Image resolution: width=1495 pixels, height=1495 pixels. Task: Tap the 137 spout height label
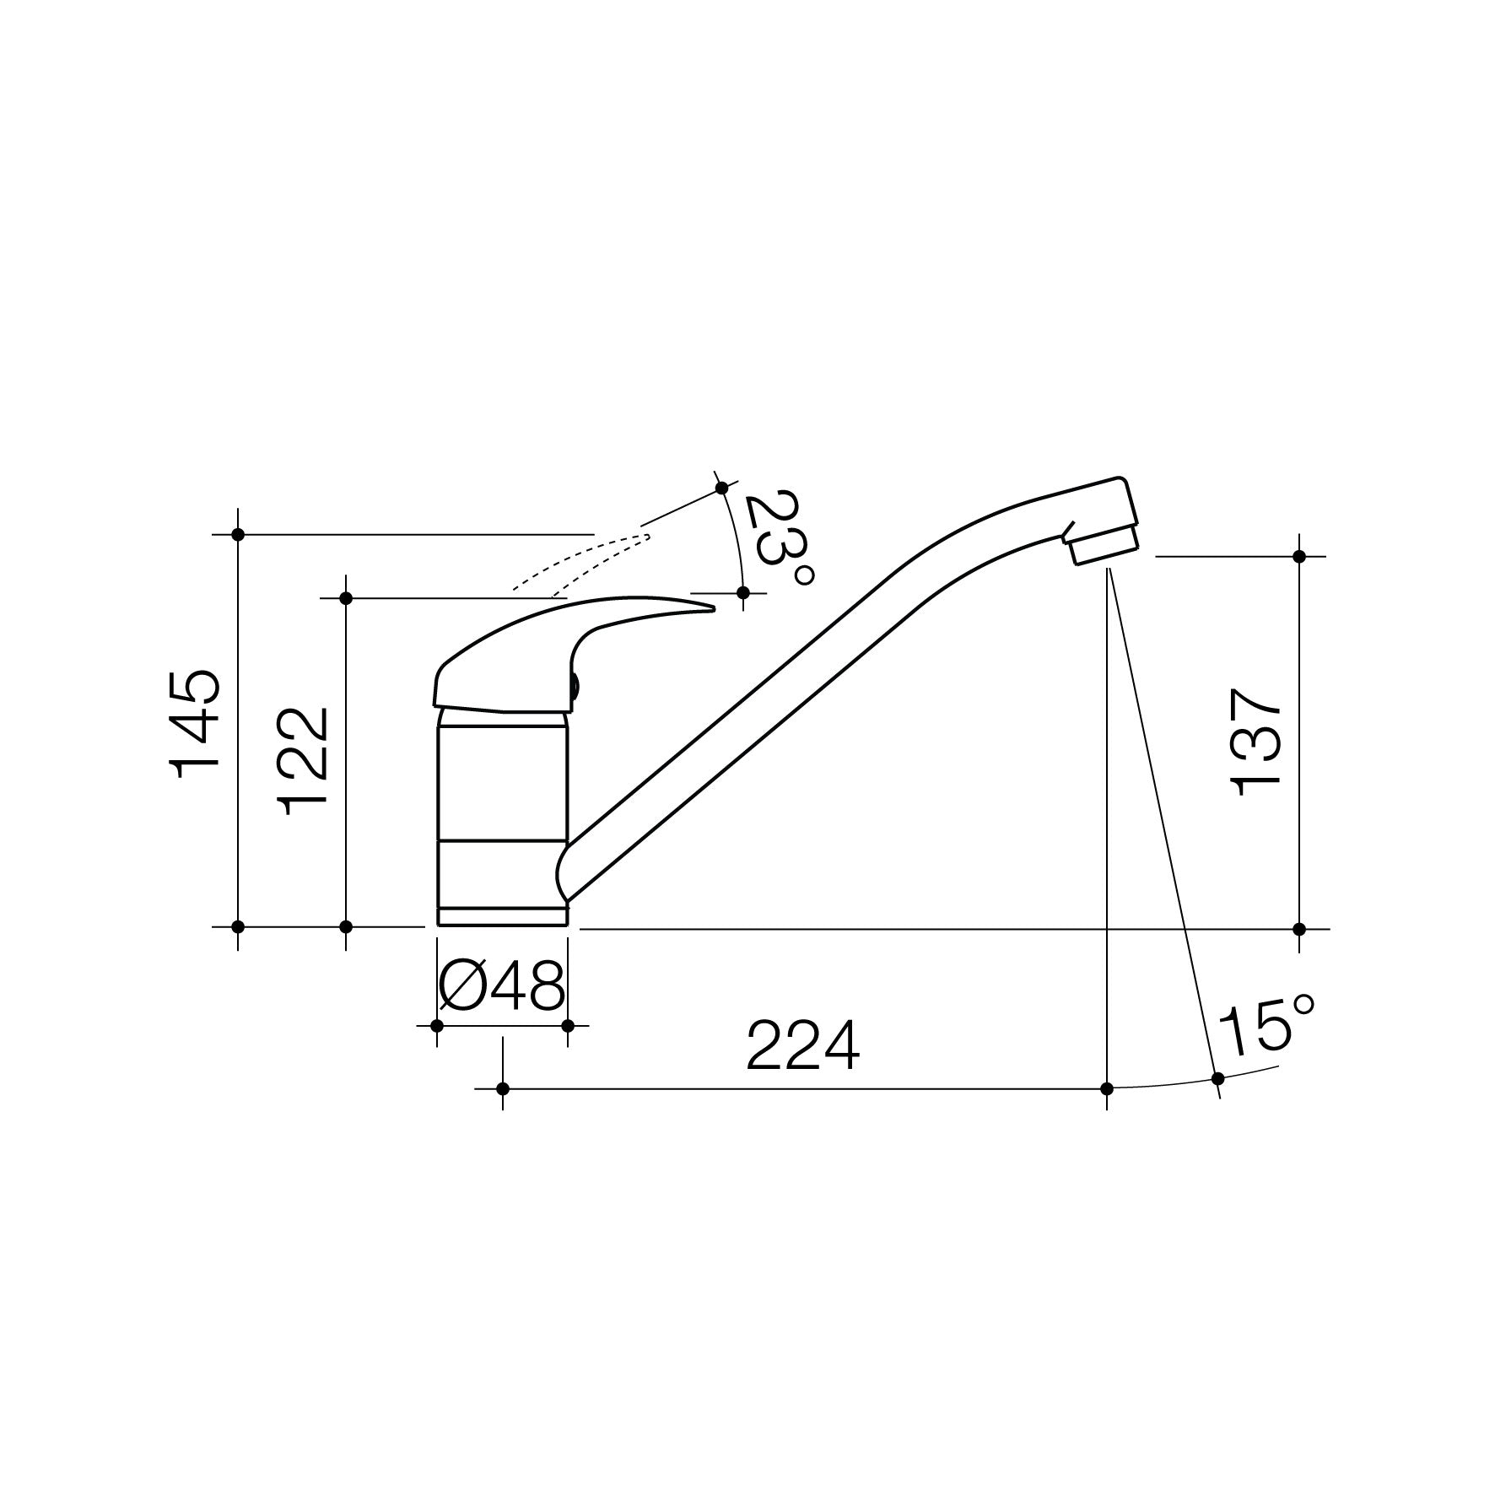click(x=1258, y=742)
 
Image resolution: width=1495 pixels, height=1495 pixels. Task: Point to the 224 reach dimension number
click(x=803, y=1047)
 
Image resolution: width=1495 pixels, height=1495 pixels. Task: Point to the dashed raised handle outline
click(x=582, y=561)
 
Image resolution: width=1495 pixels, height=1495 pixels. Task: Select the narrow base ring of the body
click(x=502, y=917)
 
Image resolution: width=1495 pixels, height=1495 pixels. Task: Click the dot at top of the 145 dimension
click(x=238, y=534)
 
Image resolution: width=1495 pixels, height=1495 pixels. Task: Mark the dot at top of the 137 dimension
click(x=1299, y=556)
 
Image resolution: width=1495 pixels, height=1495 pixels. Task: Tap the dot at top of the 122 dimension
click(x=345, y=598)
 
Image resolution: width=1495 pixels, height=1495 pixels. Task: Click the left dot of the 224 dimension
click(x=503, y=1088)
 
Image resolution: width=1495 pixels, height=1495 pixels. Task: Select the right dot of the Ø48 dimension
click(x=568, y=1026)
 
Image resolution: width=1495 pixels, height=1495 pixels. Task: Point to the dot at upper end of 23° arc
click(x=721, y=488)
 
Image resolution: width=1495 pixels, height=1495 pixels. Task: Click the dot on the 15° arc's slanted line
click(x=1217, y=1078)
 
